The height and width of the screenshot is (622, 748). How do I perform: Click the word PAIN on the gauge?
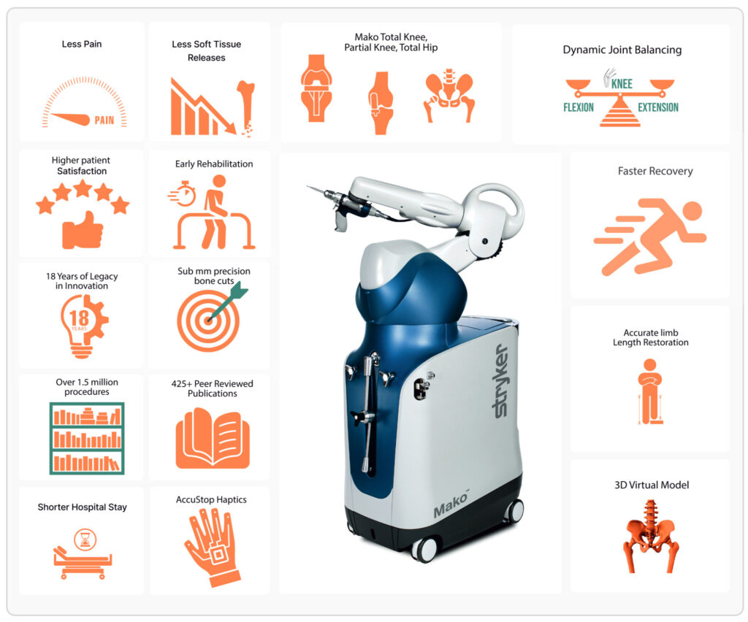104,120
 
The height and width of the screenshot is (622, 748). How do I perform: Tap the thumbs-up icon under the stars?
83,231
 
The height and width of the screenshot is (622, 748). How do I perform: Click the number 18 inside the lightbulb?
79,318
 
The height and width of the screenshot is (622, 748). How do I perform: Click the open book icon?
213,438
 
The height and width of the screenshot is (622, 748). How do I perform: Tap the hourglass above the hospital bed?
85,540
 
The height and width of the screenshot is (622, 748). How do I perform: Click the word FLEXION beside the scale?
579,107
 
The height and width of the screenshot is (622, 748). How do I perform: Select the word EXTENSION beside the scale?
658,107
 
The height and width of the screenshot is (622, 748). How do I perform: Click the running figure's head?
692,211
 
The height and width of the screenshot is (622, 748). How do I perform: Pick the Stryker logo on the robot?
500,381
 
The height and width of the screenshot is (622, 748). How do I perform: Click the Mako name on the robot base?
451,505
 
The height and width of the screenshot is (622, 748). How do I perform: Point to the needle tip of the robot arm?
308,187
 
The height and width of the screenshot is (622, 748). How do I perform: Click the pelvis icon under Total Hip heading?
449,95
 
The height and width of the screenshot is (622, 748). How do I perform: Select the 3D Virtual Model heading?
652,485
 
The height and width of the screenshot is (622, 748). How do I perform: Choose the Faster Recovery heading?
655,171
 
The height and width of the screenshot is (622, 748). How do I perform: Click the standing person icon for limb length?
649,391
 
